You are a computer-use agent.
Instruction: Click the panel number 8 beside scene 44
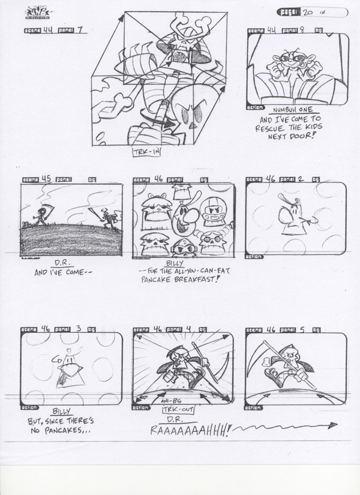(x=301, y=29)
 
